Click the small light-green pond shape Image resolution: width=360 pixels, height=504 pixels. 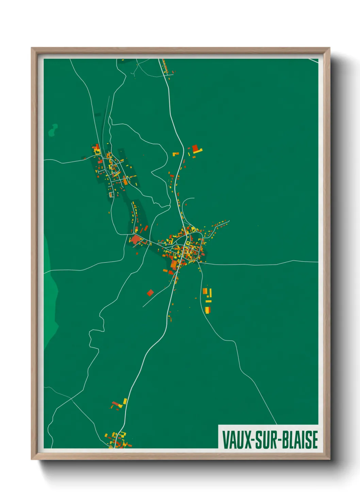pos(53,130)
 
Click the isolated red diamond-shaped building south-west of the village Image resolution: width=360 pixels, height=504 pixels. pos(150,293)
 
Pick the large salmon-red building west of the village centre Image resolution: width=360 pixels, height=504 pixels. pos(136,239)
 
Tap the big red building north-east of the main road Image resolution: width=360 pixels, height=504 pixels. pos(195,148)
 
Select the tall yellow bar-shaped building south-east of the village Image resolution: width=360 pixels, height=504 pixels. pos(210,293)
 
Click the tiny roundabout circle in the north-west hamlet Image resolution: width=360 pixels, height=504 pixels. pos(116,173)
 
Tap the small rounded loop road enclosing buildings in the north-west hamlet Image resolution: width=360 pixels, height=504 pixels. pos(111,195)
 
